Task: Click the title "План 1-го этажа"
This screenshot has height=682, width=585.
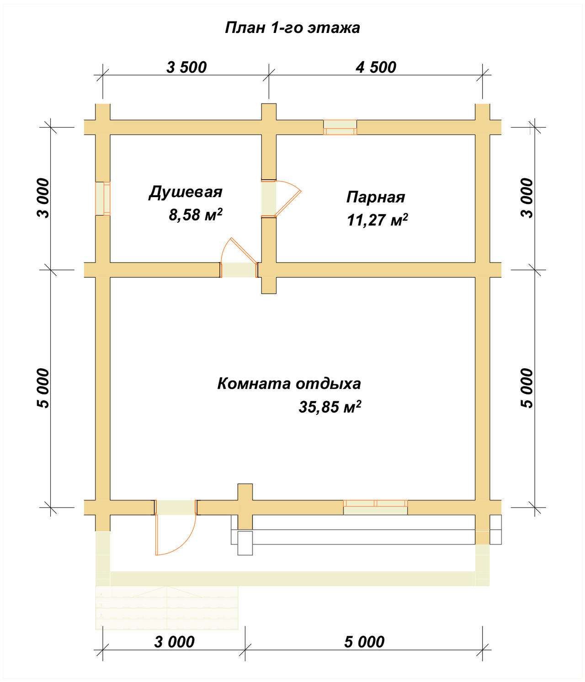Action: click(x=292, y=28)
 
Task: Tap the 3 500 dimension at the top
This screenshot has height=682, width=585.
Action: click(x=186, y=67)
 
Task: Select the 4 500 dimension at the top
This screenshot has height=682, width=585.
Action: click(x=376, y=67)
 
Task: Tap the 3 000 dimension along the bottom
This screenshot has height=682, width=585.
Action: click(x=174, y=642)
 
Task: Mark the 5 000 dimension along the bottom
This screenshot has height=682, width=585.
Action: click(x=364, y=642)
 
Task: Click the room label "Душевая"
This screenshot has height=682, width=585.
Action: click(x=186, y=192)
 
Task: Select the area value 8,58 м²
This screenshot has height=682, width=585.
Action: click(x=196, y=214)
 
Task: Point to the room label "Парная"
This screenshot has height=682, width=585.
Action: click(x=376, y=197)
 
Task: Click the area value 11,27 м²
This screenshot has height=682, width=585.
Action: click(x=377, y=220)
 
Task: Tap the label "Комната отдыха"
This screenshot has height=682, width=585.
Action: click(x=289, y=383)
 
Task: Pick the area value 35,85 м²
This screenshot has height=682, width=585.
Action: click(x=330, y=407)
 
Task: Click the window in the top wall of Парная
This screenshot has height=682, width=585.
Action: click(x=340, y=127)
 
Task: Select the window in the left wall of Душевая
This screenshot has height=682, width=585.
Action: click(x=102, y=199)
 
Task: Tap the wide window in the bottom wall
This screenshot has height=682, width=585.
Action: click(x=375, y=507)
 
